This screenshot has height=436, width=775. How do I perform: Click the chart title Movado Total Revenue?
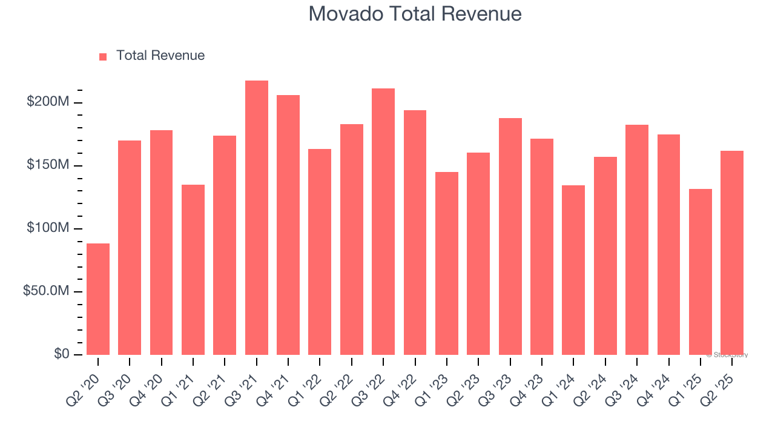coord(415,14)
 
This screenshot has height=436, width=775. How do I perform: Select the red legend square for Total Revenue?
coord(103,56)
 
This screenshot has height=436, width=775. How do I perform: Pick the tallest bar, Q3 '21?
coord(257,217)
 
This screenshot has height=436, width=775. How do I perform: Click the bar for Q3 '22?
coord(383,221)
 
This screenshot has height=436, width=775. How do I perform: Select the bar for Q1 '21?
coord(193,269)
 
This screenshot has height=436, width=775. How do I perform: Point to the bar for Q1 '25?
coord(700,271)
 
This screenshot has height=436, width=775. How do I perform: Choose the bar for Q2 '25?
coord(732,253)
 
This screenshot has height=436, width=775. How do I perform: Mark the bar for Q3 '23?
coord(510,236)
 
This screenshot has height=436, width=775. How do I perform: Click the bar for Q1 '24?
coord(573,269)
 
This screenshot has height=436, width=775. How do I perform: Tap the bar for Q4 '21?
coord(288,225)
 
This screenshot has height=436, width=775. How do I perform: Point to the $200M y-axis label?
coord(47,102)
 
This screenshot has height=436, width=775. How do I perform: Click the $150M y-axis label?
coord(47,165)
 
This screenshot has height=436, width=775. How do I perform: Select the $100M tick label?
coord(47,228)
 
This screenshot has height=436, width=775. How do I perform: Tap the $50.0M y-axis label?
coord(45,291)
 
